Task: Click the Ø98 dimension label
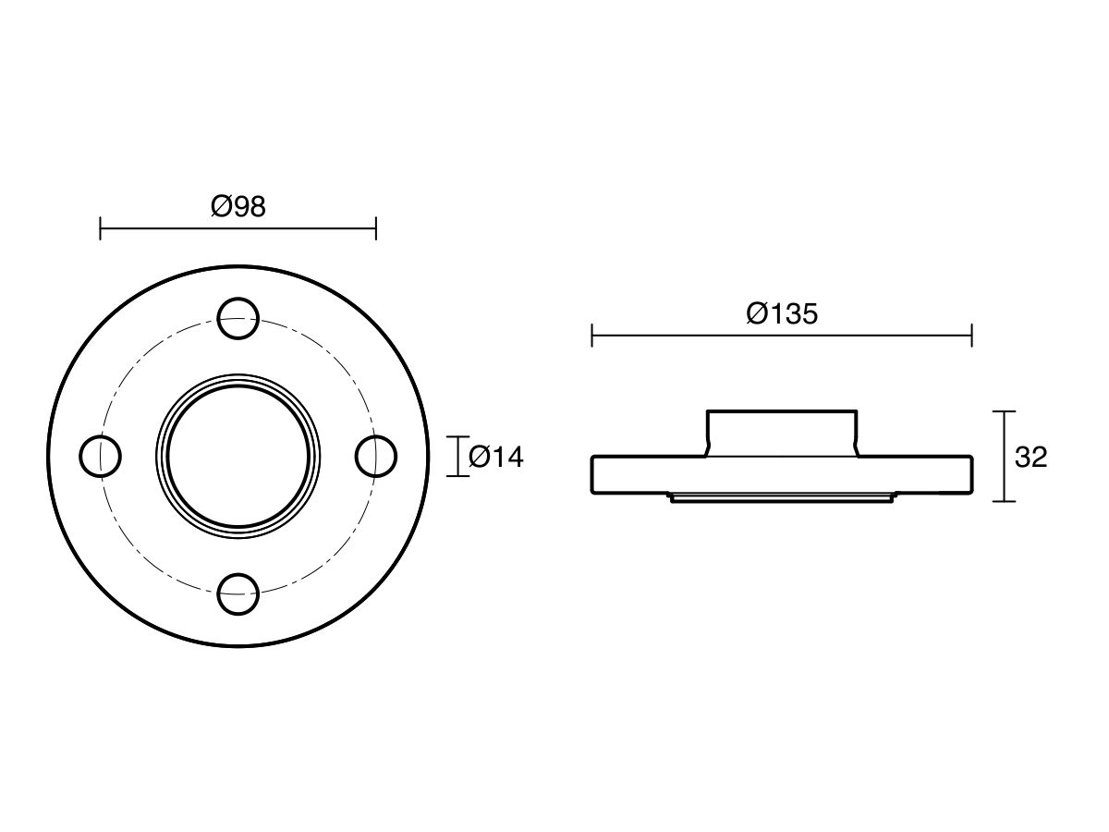pyautogui.click(x=238, y=207)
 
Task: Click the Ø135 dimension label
pyautogui.click(x=782, y=314)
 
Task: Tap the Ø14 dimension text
pyautogui.click(x=495, y=457)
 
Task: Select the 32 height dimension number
pyautogui.click(x=1030, y=457)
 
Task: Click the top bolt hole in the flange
pyautogui.click(x=238, y=317)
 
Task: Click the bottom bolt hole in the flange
pyautogui.click(x=238, y=593)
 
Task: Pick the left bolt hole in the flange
pyautogui.click(x=100, y=456)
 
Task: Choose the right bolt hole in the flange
pyautogui.click(x=375, y=456)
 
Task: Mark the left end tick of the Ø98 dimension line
pyautogui.click(x=100, y=228)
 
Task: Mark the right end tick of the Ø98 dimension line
pyautogui.click(x=375, y=228)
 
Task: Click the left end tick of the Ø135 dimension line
pyautogui.click(x=591, y=336)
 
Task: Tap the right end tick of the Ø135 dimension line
pyautogui.click(x=971, y=336)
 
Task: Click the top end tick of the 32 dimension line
pyautogui.click(x=1004, y=411)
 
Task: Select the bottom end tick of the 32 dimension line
pyautogui.click(x=1004, y=501)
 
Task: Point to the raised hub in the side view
pyautogui.click(x=782, y=433)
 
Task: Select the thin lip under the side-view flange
pyautogui.click(x=782, y=498)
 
